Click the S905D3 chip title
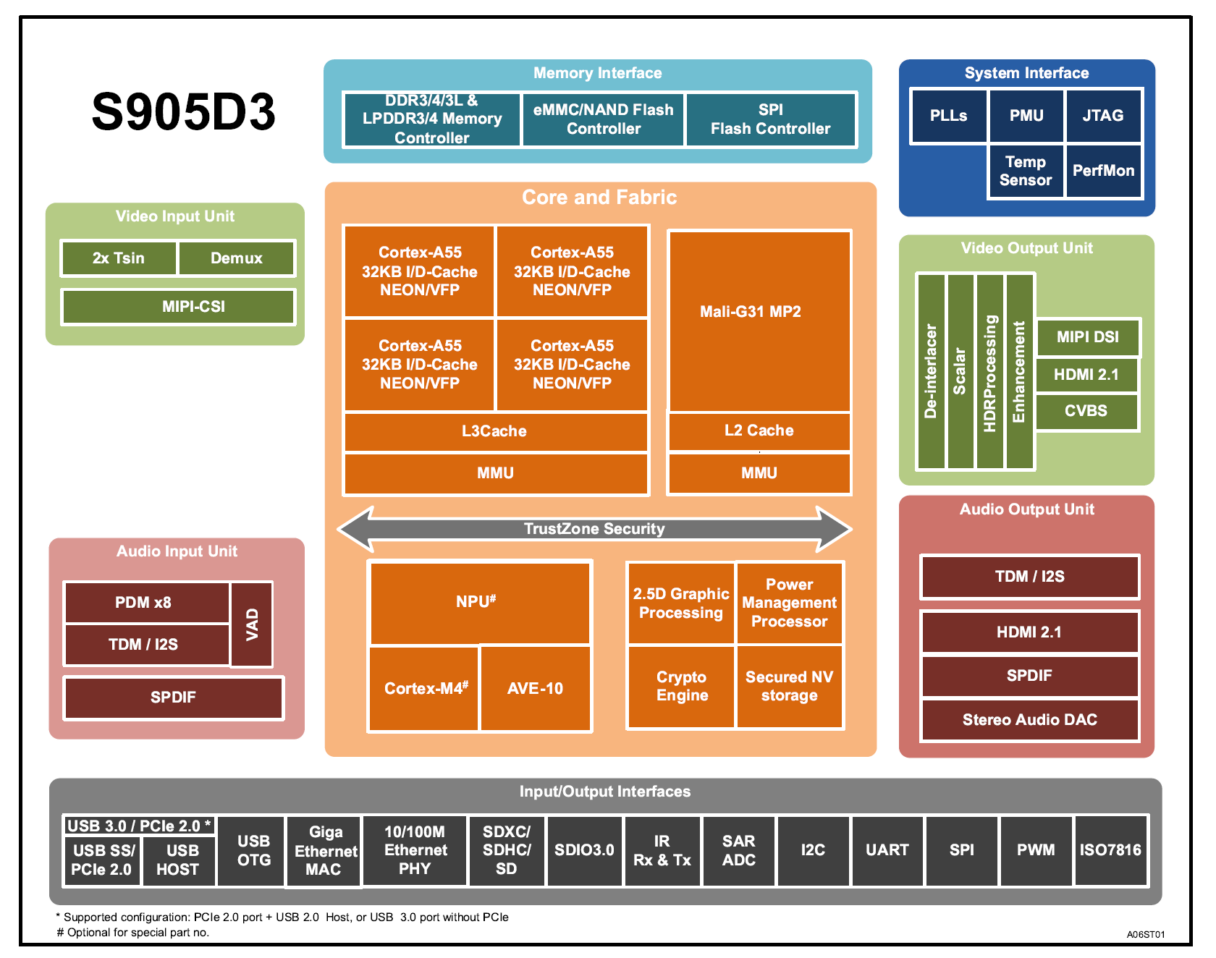pyautogui.click(x=183, y=112)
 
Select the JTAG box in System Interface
pyautogui.click(x=1103, y=116)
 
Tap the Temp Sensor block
pyautogui.click(x=1026, y=171)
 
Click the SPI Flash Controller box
pyautogui.click(x=770, y=119)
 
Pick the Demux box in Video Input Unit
pyautogui.click(x=237, y=258)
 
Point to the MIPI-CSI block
pyautogui.click(x=178, y=307)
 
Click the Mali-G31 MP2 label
pyautogui.click(x=751, y=312)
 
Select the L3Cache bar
pyautogui.click(x=495, y=431)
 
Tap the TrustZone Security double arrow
pyautogui.click(x=594, y=529)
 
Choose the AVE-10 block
pyautogui.click(x=535, y=689)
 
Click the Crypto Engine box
pyautogui.click(x=681, y=687)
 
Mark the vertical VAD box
pyautogui.click(x=252, y=624)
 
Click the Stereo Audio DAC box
pyautogui.click(x=1029, y=720)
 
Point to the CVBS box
pyautogui.click(x=1086, y=411)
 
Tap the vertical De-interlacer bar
pyautogui.click(x=931, y=370)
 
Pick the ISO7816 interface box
pyautogui.click(x=1110, y=850)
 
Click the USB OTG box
pyautogui.click(x=253, y=850)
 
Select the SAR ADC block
pyautogui.click(x=738, y=850)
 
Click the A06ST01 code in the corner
pyautogui.click(x=1145, y=934)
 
